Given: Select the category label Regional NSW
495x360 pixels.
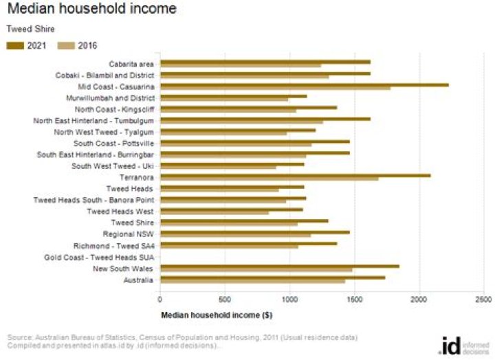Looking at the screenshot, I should click(x=131, y=234).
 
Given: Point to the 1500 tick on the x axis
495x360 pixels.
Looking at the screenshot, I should click(x=355, y=299).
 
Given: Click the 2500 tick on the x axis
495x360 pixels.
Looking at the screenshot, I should click(x=484, y=299).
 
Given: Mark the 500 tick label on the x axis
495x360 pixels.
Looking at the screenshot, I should click(x=225, y=299).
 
